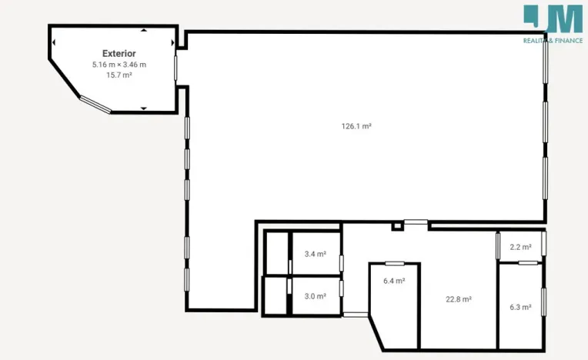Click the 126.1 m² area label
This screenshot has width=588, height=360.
pyautogui.click(x=356, y=126)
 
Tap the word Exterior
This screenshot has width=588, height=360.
pyautogui.click(x=119, y=54)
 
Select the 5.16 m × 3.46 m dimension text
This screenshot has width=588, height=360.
pyautogui.click(x=119, y=65)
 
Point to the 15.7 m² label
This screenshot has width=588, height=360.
pyautogui.click(x=119, y=75)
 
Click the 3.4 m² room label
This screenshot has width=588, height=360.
pyautogui.click(x=316, y=254)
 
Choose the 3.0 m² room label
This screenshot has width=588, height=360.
pyautogui.click(x=315, y=296)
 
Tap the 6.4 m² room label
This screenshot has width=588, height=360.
pyautogui.click(x=394, y=281)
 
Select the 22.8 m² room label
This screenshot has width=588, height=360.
pyautogui.click(x=459, y=300)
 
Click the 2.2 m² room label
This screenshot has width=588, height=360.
pyautogui.click(x=521, y=247)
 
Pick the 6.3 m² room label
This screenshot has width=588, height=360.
pyautogui.click(x=521, y=307)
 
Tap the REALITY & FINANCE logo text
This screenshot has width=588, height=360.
pyautogui.click(x=553, y=40)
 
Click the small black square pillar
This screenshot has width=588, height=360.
pyautogui.click(x=396, y=226)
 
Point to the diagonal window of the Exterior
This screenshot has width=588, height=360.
pyautogui.click(x=96, y=105)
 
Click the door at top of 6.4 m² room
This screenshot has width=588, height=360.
pyautogui.click(x=395, y=263)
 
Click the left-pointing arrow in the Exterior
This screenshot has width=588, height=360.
pyautogui.click(x=55, y=42)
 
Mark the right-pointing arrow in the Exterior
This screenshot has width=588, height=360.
pyautogui.click(x=172, y=42)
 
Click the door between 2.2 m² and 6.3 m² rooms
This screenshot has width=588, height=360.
pyautogui.click(x=527, y=263)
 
